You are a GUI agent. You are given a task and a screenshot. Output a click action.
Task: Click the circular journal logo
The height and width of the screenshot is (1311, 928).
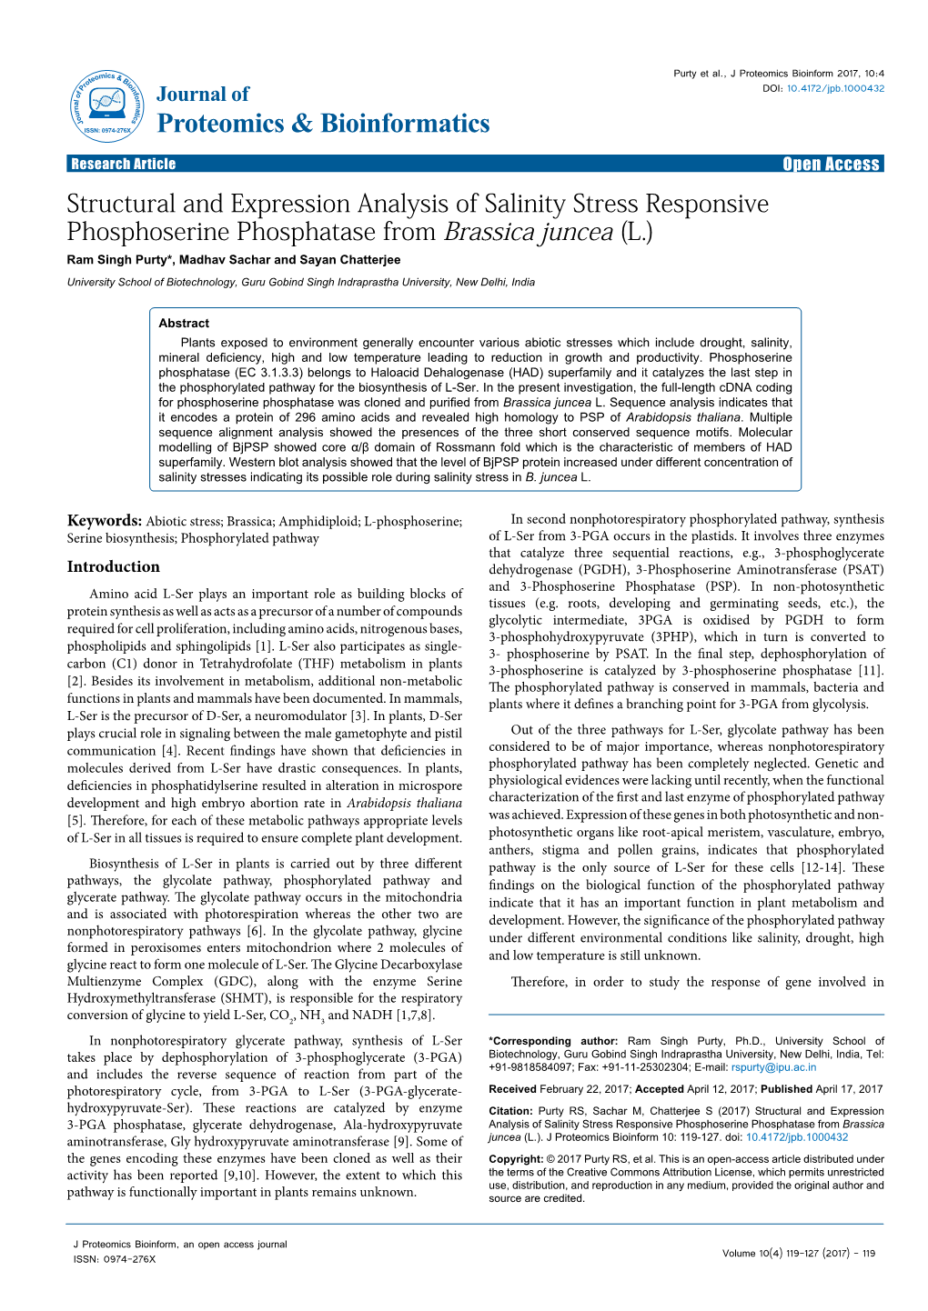(106, 105)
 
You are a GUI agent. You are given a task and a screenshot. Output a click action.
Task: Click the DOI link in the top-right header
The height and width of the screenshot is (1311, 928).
(835, 88)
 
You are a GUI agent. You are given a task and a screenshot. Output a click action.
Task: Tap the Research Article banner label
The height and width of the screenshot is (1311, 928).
(123, 164)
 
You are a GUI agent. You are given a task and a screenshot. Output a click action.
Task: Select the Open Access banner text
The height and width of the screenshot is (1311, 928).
(831, 164)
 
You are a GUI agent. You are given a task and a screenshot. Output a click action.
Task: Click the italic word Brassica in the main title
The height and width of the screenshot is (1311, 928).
(489, 233)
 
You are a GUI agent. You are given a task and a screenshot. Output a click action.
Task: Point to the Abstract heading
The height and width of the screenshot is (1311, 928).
(184, 323)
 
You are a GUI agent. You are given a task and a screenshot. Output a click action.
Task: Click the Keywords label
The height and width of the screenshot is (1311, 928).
(104, 521)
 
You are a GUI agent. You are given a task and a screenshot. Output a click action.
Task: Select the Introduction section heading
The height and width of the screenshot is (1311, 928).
(113, 566)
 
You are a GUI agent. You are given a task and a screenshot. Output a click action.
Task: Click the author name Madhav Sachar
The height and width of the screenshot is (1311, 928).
(224, 260)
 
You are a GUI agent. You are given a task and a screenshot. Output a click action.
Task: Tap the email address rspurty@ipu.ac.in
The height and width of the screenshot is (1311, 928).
(773, 1067)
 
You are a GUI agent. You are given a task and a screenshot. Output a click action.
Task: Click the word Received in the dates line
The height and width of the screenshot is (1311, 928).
(512, 1089)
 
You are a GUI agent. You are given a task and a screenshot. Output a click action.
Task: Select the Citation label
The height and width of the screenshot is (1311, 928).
(510, 1111)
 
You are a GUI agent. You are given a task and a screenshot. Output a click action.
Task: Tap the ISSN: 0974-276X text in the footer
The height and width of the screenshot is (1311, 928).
(115, 1259)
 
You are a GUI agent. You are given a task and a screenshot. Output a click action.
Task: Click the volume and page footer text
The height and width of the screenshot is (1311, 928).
(798, 1253)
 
